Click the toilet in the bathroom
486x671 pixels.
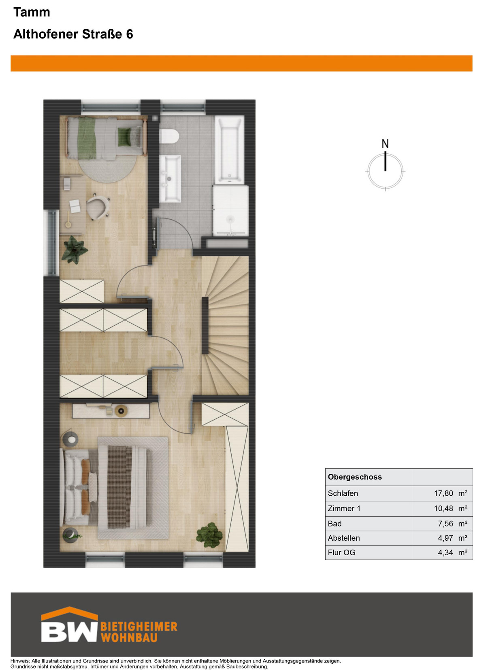click(x=170, y=137)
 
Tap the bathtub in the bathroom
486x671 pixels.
click(x=230, y=150)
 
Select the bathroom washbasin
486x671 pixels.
click(x=170, y=179)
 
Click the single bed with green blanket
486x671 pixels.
click(x=106, y=138)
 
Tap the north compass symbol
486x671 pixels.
click(x=385, y=171)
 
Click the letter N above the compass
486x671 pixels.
click(x=385, y=144)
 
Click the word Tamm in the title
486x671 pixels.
click(x=32, y=12)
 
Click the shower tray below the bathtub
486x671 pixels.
click(x=230, y=210)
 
